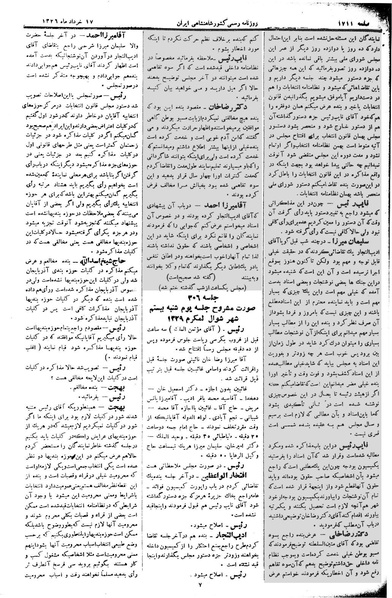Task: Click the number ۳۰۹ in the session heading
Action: (190, 320)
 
